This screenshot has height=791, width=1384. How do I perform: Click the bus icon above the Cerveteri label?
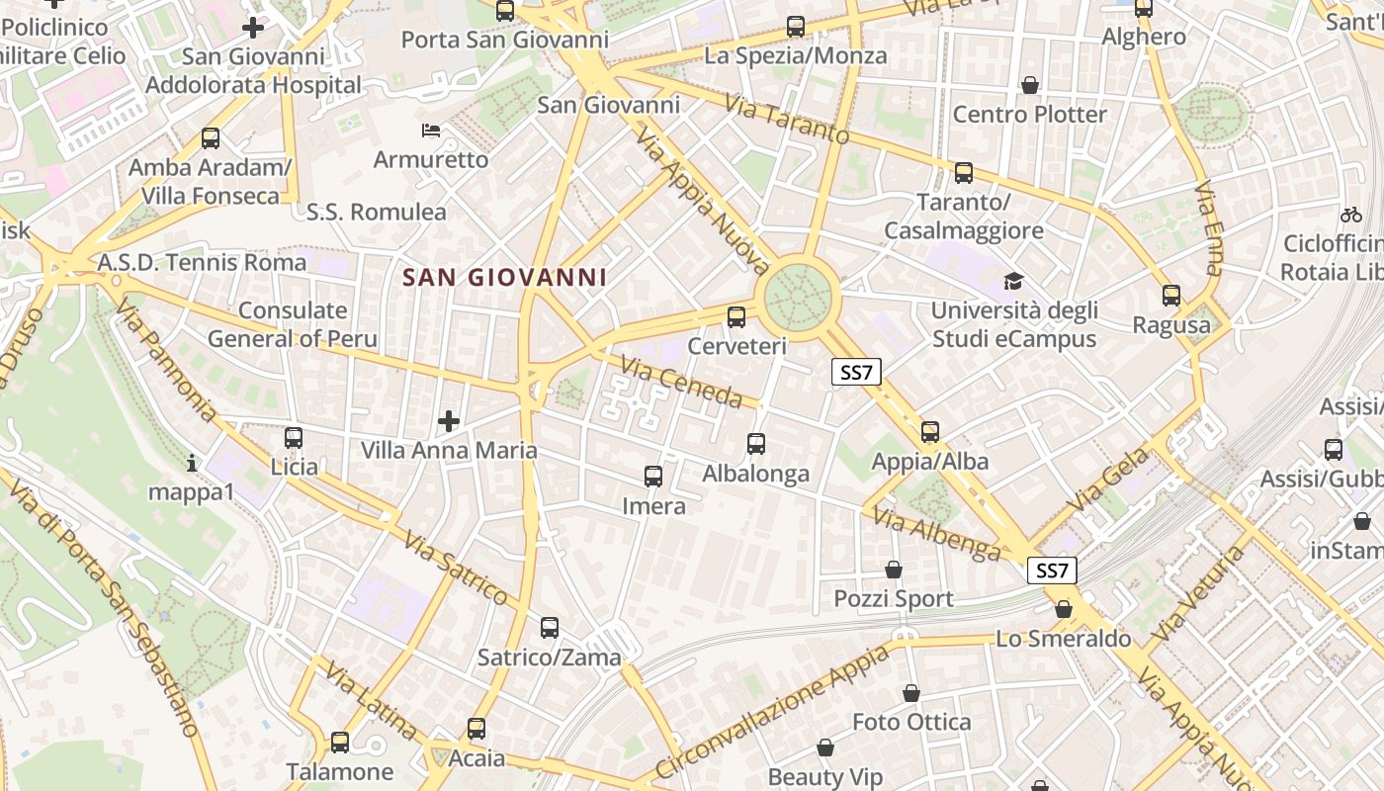(x=735, y=317)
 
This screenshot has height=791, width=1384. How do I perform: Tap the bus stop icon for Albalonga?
(x=756, y=444)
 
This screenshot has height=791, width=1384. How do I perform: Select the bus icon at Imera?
(x=653, y=477)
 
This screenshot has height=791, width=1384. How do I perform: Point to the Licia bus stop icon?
(x=294, y=437)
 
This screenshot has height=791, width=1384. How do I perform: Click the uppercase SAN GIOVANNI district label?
(x=505, y=277)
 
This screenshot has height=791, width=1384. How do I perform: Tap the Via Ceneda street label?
(x=681, y=383)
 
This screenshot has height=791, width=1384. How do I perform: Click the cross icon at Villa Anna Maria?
(x=449, y=422)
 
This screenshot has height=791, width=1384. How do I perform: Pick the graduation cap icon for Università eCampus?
(x=1013, y=282)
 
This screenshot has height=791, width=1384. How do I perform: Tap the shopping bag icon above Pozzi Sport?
(x=894, y=571)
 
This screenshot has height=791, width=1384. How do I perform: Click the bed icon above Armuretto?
(x=431, y=131)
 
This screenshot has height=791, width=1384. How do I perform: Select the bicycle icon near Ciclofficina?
(x=1350, y=214)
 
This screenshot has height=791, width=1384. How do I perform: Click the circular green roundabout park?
(x=800, y=294)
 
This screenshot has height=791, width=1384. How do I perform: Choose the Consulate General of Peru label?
(x=293, y=324)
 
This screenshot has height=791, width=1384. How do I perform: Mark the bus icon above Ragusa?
(x=1171, y=295)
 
